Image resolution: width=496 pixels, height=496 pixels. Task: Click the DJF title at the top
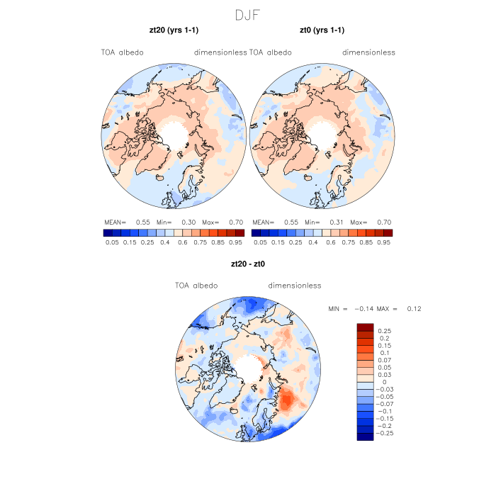pos(248,14)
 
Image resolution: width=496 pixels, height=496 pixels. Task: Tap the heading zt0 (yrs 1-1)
pos(323,30)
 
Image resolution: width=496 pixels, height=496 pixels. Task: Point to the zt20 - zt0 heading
pos(248,264)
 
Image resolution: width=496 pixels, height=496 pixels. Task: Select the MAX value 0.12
pos(414,309)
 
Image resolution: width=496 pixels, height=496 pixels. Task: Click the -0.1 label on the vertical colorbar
pos(383,411)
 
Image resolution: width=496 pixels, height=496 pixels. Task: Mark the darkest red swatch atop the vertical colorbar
pos(365,327)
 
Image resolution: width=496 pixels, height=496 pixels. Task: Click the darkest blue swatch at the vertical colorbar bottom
pos(365,436)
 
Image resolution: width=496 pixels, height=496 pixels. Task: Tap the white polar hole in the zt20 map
pos(174,133)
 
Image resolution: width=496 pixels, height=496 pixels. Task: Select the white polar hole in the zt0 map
pos(322,133)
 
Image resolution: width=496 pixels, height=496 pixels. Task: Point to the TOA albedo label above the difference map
pos(196,286)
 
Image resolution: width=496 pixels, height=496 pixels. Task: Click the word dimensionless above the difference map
pos(295,286)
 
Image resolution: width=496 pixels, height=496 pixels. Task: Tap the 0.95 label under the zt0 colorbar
pos(385,242)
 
